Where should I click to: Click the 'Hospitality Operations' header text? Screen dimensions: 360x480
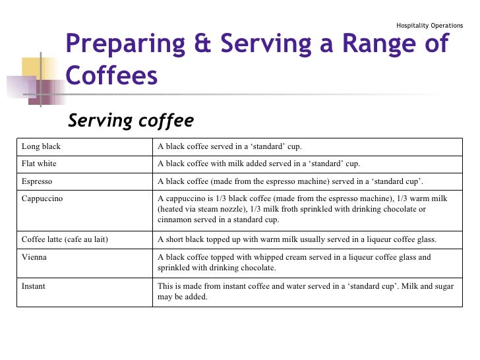click(x=429, y=26)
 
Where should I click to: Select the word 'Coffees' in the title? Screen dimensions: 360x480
click(x=112, y=75)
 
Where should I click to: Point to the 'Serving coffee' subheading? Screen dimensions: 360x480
click(x=131, y=121)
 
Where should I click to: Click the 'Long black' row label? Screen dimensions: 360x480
click(x=42, y=146)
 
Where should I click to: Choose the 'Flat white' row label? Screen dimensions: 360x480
click(x=40, y=164)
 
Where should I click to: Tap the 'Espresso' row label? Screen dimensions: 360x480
click(x=38, y=181)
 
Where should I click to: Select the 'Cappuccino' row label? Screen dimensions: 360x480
click(x=43, y=198)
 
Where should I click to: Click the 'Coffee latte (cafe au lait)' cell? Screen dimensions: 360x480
click(x=65, y=239)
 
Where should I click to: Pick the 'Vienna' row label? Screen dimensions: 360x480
click(x=34, y=257)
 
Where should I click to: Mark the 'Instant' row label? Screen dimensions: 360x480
click(x=34, y=287)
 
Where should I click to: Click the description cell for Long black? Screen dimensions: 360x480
click(x=229, y=146)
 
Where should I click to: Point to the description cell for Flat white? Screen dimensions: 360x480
click(x=258, y=164)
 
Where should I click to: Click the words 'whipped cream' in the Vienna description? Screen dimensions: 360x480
click(x=264, y=257)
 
